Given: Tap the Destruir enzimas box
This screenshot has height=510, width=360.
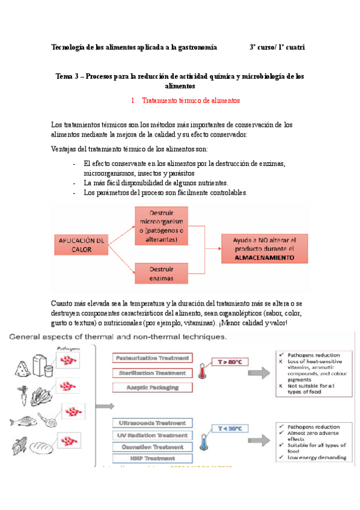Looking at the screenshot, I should click(x=161, y=274).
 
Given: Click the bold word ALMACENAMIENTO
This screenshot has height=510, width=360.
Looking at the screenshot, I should click(x=265, y=257).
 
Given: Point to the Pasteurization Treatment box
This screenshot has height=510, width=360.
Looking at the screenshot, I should click(x=152, y=358).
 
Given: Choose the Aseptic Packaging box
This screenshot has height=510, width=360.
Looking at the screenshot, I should click(x=152, y=387).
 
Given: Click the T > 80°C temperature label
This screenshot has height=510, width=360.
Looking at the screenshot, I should click(x=230, y=363).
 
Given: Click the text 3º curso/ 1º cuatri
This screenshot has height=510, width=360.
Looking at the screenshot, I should click(x=277, y=47).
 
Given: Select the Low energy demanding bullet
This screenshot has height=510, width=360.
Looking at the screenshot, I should click(x=313, y=458).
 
